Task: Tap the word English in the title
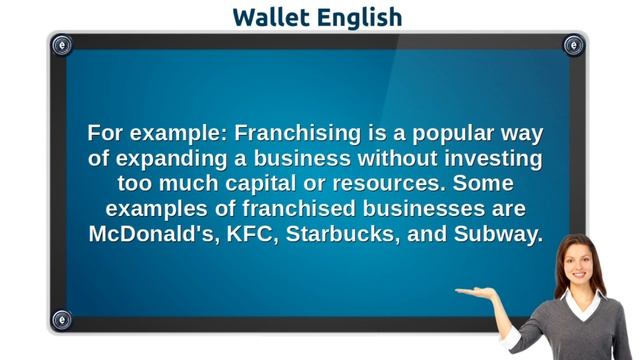[361, 17]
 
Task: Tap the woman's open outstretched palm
[478, 292]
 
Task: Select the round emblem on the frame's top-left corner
[62, 45]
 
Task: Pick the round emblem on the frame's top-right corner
[573, 45]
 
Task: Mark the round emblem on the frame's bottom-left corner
[62, 320]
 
